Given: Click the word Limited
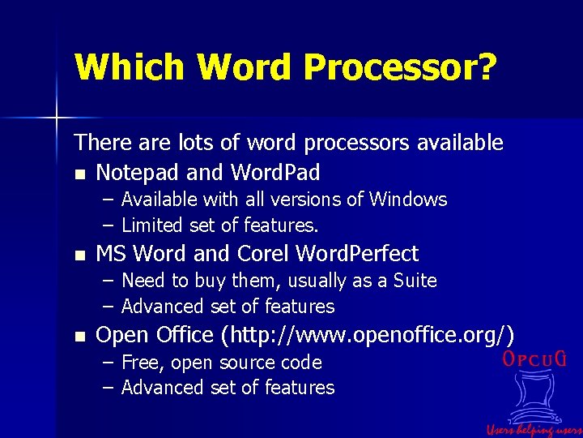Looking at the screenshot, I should click(151, 225).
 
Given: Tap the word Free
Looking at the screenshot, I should click(139, 363).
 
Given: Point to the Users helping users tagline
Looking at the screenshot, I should click(534, 429).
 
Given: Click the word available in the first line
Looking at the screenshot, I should click(460, 144).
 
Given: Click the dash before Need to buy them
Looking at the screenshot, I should click(108, 281).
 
